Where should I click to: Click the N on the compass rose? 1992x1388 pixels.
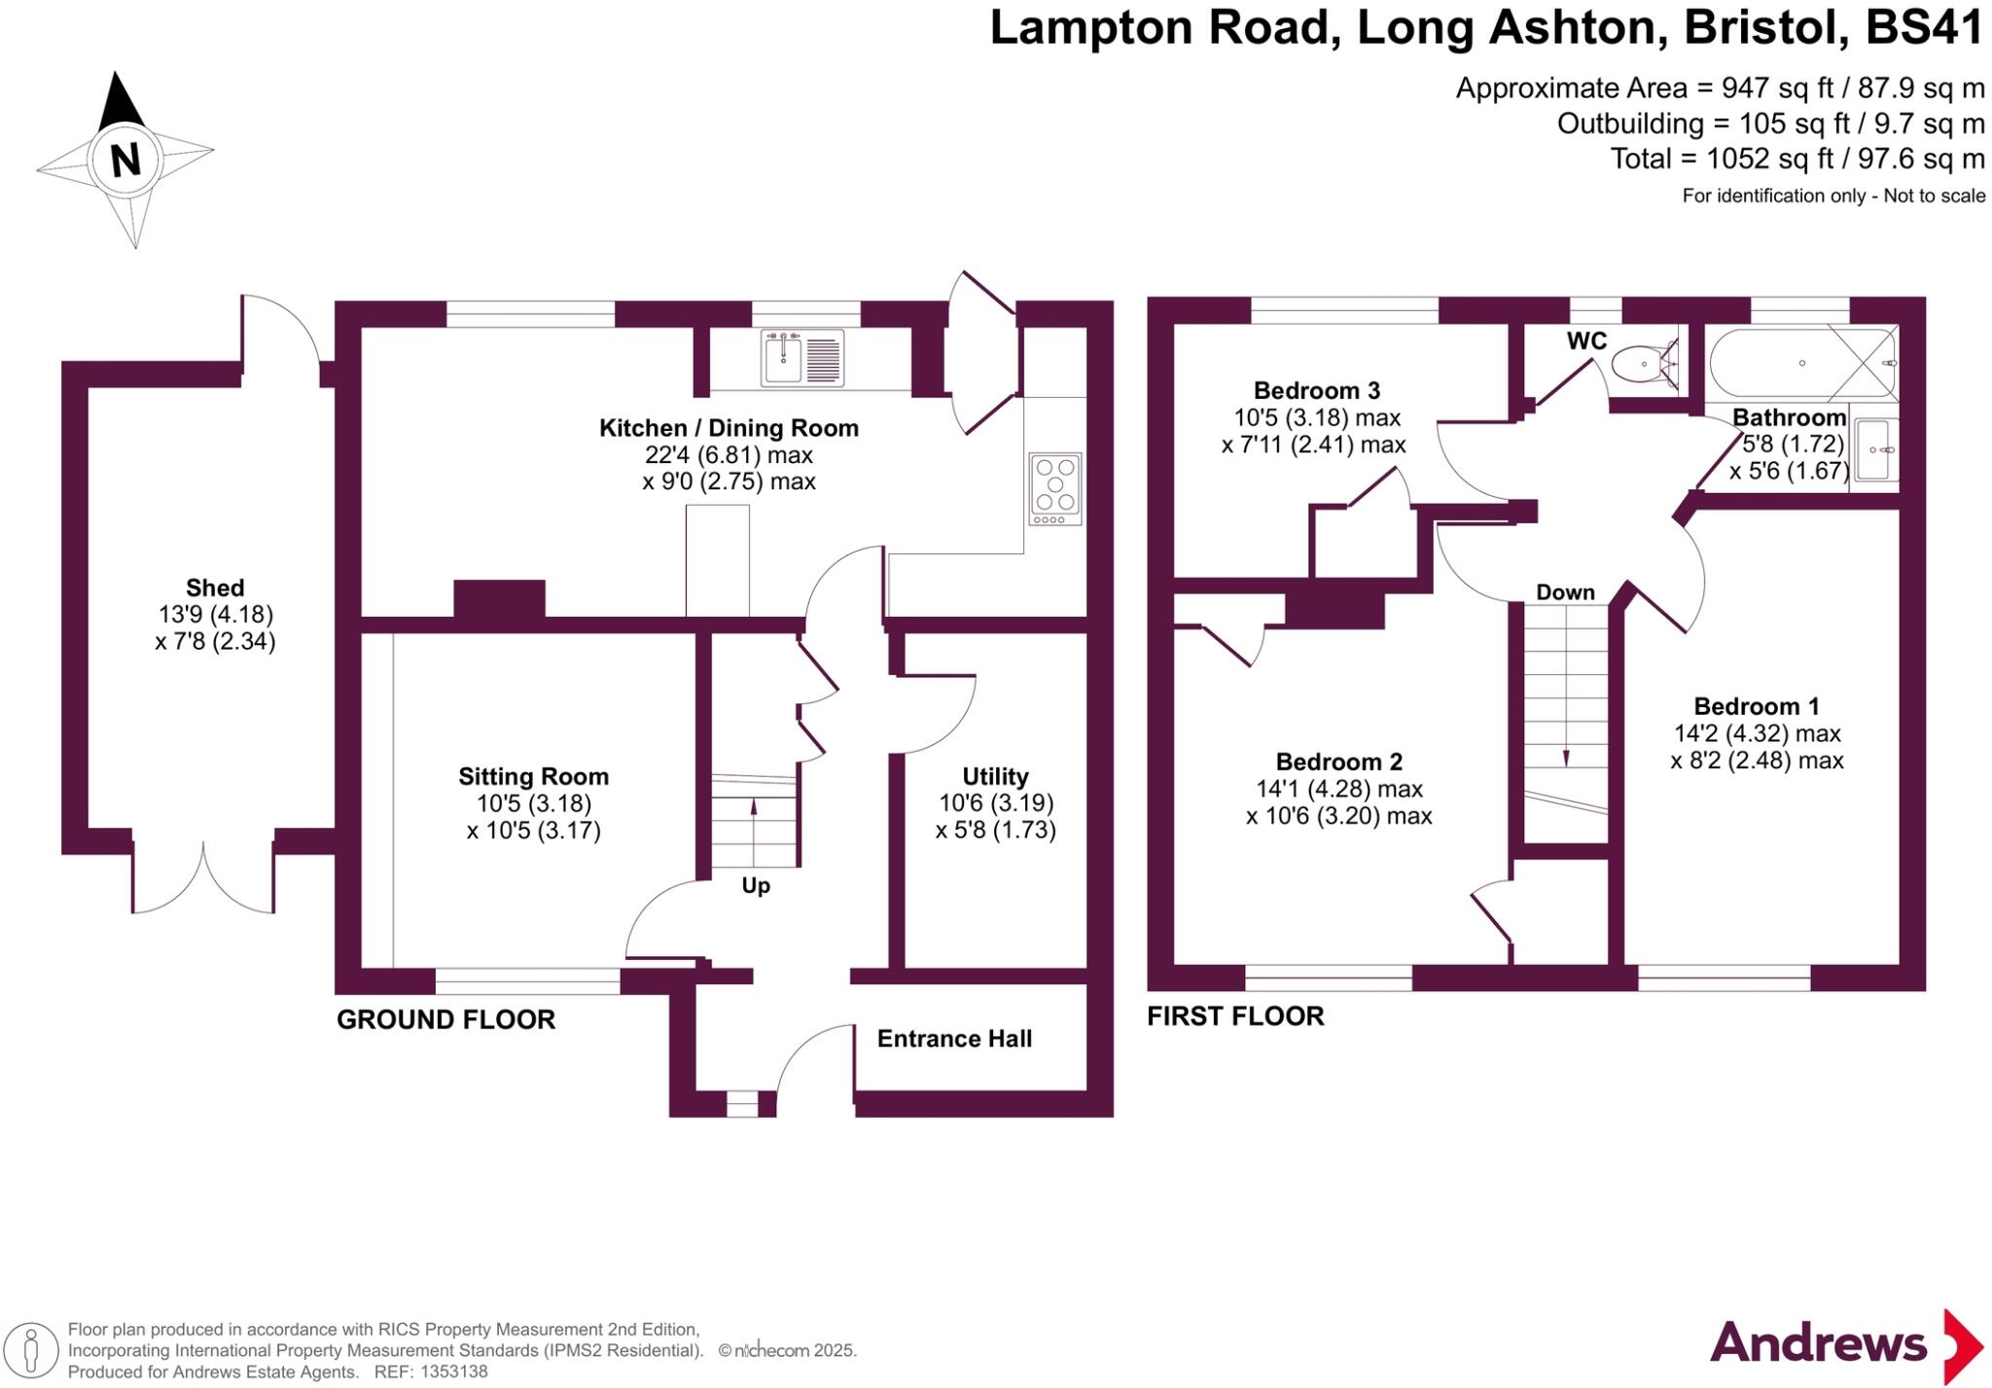pyautogui.click(x=124, y=159)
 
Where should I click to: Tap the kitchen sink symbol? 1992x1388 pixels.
pyautogui.click(x=802, y=357)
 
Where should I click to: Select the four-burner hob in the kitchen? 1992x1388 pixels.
pyautogui.click(x=1055, y=488)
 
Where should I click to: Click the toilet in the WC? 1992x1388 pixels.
pyautogui.click(x=1642, y=366)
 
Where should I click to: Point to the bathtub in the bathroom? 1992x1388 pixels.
pyautogui.click(x=1802, y=364)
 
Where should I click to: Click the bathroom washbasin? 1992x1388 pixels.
pyautogui.click(x=1875, y=449)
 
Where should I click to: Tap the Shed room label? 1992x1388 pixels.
pyautogui.click(x=215, y=587)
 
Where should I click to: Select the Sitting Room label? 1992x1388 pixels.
pyautogui.click(x=533, y=776)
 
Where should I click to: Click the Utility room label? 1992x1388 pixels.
pyautogui.click(x=995, y=776)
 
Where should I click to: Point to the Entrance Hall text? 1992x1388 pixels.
pyautogui.click(x=954, y=1039)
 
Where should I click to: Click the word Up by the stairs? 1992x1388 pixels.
pyautogui.click(x=756, y=885)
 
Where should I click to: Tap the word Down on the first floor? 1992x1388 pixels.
pyautogui.click(x=1565, y=592)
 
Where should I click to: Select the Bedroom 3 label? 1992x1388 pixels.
pyautogui.click(x=1316, y=391)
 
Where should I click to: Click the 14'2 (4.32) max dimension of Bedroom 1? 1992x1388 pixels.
pyautogui.click(x=1757, y=733)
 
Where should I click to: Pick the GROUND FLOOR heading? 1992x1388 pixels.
pyautogui.click(x=445, y=1019)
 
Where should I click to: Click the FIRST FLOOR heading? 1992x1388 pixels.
pyautogui.click(x=1235, y=1016)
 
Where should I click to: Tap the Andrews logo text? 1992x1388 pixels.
pyautogui.click(x=1818, y=1343)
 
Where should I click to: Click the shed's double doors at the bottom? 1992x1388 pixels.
pyautogui.click(x=203, y=880)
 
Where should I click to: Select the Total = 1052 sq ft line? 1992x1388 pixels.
pyautogui.click(x=1796, y=159)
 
